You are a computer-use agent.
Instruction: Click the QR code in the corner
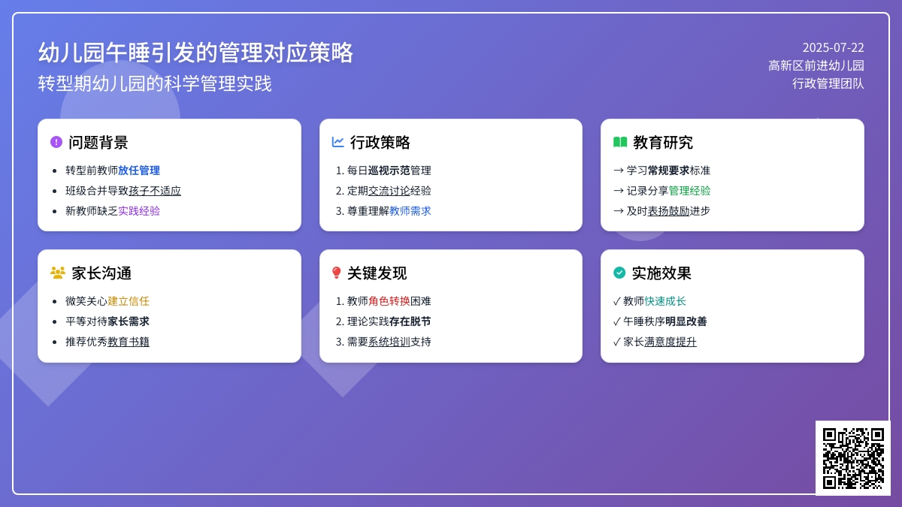(x=853, y=458)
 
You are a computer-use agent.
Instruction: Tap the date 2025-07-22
(x=833, y=48)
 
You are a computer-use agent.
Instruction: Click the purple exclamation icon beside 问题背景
(x=56, y=142)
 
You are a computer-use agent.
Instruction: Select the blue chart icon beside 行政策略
(x=337, y=142)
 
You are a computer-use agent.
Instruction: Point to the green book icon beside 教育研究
(x=620, y=142)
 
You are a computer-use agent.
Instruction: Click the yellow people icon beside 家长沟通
(x=58, y=273)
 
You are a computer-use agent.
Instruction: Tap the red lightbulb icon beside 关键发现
(x=336, y=273)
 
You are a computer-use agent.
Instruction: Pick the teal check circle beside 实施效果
(x=619, y=273)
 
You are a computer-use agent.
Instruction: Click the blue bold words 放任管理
(x=139, y=171)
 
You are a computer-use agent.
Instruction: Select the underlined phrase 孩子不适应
(x=155, y=191)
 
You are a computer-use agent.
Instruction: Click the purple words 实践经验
(x=139, y=211)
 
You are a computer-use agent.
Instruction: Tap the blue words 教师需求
(x=410, y=211)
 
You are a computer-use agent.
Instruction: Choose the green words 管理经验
(x=689, y=191)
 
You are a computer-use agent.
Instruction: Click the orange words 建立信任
(x=129, y=301)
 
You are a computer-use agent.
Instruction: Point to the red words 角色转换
(x=389, y=301)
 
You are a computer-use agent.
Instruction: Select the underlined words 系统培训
(x=389, y=342)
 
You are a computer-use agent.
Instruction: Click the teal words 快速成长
(x=665, y=301)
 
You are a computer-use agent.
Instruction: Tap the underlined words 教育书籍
(x=129, y=342)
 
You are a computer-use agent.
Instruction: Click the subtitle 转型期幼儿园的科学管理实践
(x=155, y=83)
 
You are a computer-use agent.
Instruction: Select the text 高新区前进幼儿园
(x=816, y=65)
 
